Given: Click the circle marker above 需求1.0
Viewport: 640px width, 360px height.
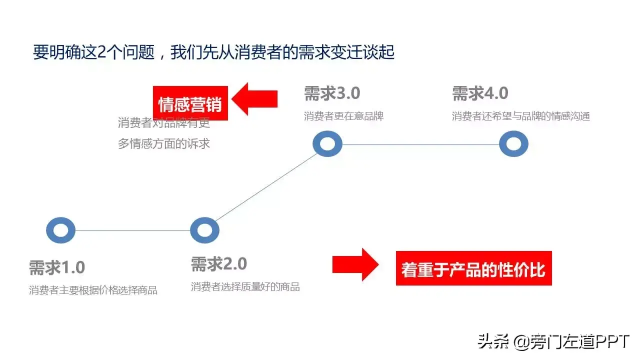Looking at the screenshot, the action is point(60,230).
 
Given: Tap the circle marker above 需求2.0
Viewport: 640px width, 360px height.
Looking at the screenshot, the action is point(204,230).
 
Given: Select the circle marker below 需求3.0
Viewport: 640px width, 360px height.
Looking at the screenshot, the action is point(327,144).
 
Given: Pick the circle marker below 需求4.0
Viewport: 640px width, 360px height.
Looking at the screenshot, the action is point(513,144).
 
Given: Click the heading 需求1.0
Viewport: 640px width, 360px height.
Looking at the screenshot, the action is point(57,267).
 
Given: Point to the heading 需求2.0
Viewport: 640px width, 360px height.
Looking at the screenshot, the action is point(219,263).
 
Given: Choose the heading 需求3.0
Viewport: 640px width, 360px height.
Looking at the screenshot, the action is point(332,93).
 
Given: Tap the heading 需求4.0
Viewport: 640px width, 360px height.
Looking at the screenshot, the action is point(480,93).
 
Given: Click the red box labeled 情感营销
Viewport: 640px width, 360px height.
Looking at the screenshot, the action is point(190,104).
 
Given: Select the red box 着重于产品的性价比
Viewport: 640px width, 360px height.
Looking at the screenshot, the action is point(473,269).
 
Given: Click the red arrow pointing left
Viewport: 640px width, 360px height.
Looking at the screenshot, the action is point(255,98).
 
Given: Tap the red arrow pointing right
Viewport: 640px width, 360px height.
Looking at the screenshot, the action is point(355,264).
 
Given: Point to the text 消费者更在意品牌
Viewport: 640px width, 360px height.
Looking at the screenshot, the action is point(343,116).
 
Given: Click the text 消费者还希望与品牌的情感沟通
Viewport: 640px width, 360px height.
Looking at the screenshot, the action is point(521,116).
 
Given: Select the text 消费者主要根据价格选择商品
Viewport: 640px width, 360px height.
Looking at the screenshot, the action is point(93,290).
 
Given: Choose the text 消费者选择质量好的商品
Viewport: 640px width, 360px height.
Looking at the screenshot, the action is point(245,286).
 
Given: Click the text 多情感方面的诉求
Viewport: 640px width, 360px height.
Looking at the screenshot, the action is point(164,144).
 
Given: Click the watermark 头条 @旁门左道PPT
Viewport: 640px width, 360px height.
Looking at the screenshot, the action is point(553,341).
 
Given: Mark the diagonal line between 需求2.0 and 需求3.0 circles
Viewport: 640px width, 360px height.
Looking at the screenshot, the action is point(266,187).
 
